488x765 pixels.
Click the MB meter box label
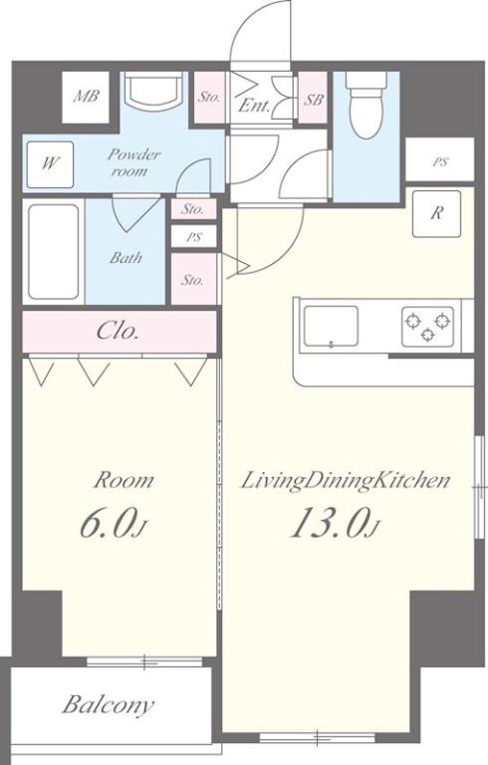coord(86,96)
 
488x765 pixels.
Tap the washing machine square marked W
coord(50,164)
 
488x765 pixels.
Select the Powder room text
coord(132,162)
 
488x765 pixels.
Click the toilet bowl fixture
coord(366,105)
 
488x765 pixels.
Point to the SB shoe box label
coord(314,100)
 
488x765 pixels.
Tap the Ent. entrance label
coord(254,106)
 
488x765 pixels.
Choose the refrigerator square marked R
coord(436,214)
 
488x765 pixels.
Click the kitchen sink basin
coord(331,327)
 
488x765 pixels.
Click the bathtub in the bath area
coord(53,252)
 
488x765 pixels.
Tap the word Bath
coord(125,257)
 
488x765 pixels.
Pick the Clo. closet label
coord(118,331)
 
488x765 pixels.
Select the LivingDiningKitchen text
coord(346,481)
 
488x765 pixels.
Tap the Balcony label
coord(108,704)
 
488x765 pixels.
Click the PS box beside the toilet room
coord(439,162)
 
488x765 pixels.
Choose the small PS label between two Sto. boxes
coord(194,238)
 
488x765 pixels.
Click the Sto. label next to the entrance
coord(209,97)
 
